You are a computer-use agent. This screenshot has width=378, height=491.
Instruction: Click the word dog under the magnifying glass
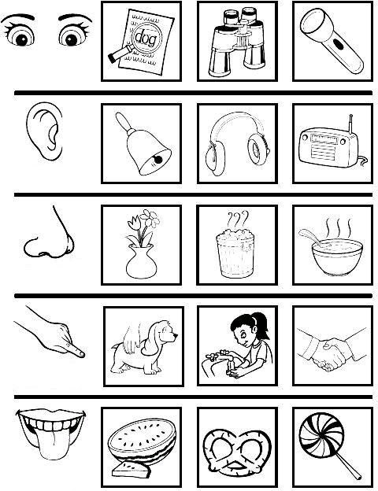point(145,38)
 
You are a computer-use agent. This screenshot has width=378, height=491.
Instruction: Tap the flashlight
point(332,40)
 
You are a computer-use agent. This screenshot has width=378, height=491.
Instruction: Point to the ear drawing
point(45,131)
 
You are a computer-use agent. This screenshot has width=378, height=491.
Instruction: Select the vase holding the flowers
point(142,262)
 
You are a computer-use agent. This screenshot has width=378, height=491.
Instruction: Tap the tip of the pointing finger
point(83,354)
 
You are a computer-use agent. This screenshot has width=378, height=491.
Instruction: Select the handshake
point(332,349)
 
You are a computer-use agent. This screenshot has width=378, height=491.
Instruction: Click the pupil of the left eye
point(21,39)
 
